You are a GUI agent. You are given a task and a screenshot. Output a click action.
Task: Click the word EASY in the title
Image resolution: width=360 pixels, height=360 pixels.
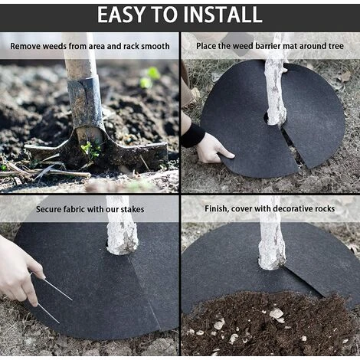tap(122, 15)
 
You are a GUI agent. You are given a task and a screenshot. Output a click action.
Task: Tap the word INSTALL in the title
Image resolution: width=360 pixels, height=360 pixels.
tap(223, 15)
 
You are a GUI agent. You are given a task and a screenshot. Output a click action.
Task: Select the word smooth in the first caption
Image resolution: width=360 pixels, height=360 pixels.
tap(155, 46)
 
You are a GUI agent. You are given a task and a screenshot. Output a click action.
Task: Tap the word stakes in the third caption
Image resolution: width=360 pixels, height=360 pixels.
tap(133, 209)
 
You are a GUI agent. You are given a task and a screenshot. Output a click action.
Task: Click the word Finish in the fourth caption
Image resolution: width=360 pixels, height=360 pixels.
tap(217, 209)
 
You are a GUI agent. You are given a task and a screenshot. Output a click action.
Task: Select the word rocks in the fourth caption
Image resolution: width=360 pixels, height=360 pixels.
tap(325, 208)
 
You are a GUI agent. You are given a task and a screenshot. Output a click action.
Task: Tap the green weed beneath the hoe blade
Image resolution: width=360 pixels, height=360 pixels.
tap(90, 149)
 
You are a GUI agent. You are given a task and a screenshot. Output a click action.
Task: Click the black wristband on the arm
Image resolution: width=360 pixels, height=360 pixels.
tap(193, 136)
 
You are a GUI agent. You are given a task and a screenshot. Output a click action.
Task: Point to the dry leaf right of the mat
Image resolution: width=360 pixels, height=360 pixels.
tap(345, 77)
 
